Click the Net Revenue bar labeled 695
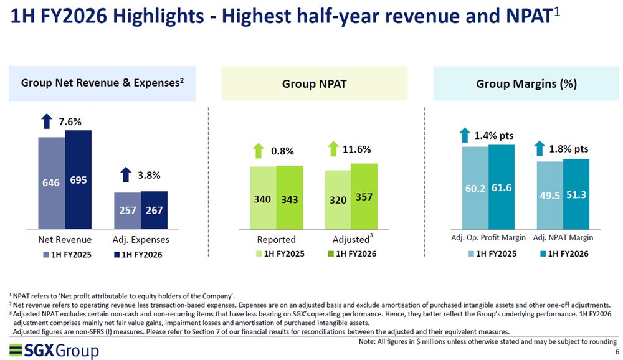coord(78,180)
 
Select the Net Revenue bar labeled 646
coord(51,183)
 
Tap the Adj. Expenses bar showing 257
coord(126,211)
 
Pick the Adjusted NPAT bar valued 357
coord(364,196)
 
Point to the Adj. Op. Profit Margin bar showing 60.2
coord(475,187)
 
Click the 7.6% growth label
coord(70,122)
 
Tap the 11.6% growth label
coord(357,149)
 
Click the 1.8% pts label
coord(569,149)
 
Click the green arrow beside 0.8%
coord(259,151)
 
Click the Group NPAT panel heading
coord(314,84)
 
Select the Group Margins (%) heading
coord(525,84)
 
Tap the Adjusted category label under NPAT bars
coord(351,239)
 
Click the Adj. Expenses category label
coord(141,239)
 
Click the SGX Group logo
coord(54,351)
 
